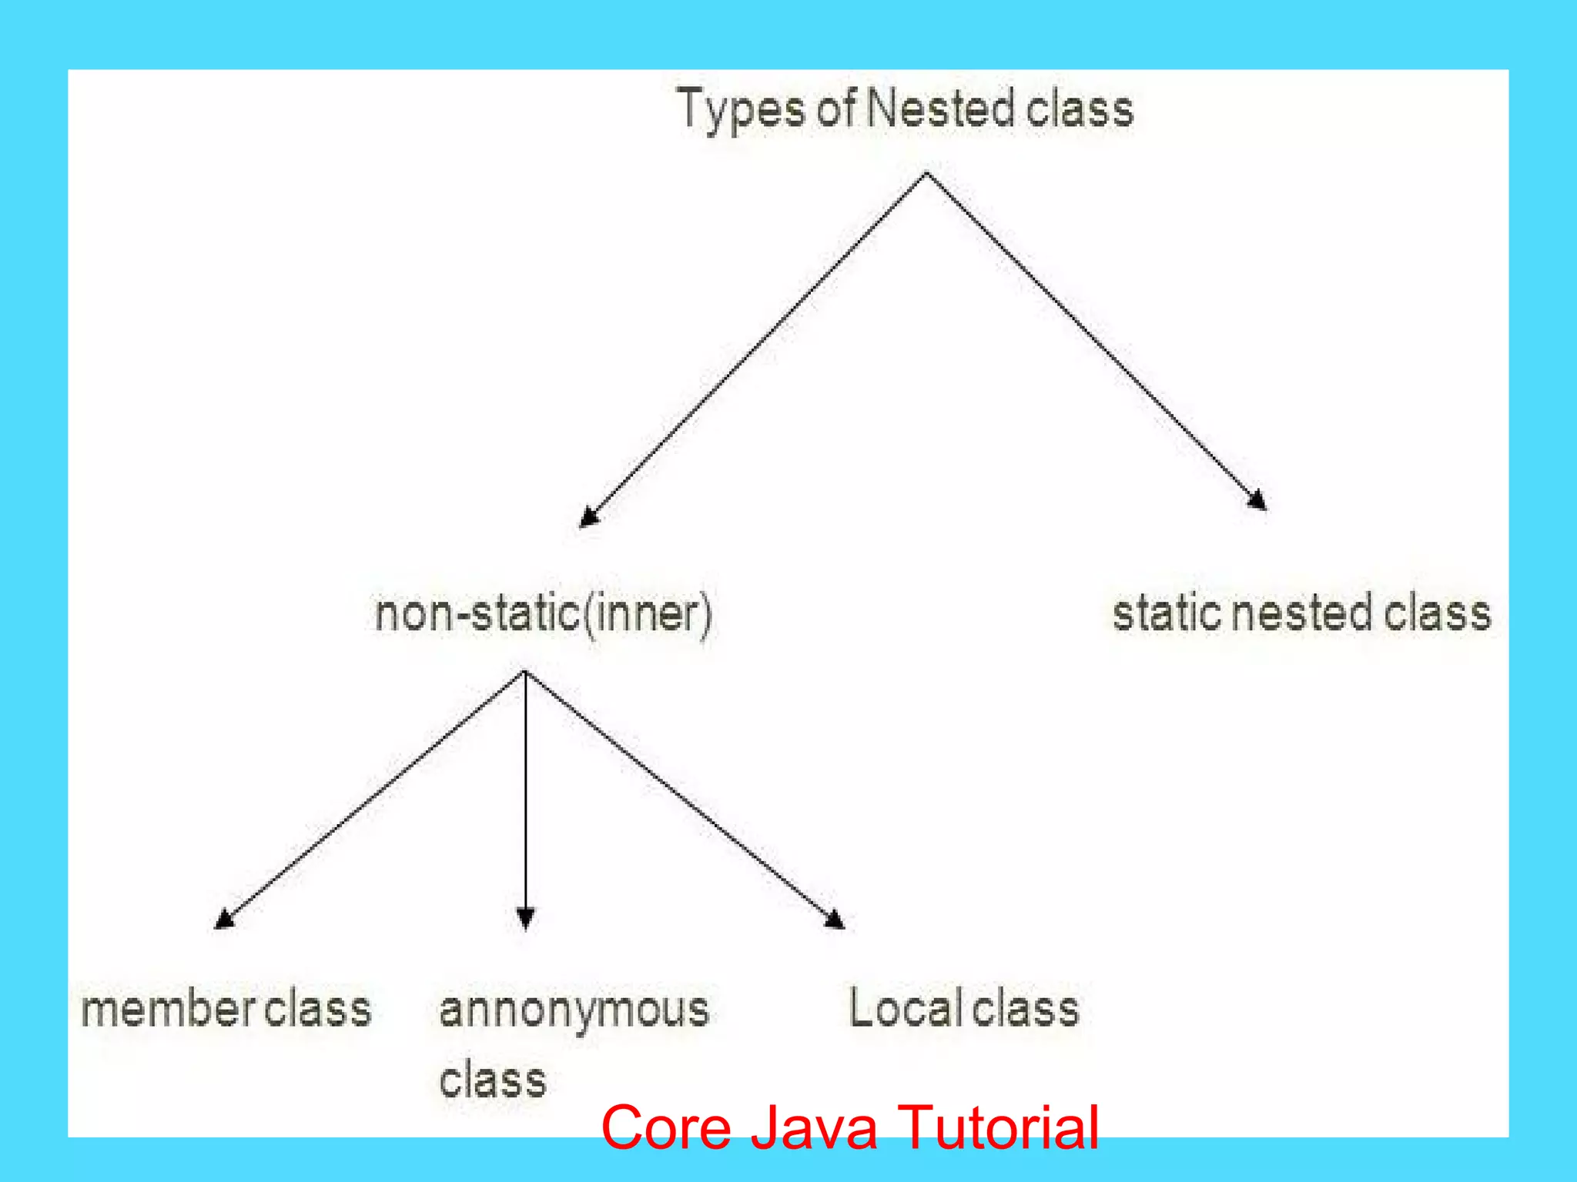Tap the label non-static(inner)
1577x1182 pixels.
pyautogui.click(x=544, y=614)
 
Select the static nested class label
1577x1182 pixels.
pyautogui.click(x=1301, y=614)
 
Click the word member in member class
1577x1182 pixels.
pyautogui.click(x=169, y=1010)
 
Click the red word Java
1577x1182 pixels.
pyautogui.click(x=814, y=1127)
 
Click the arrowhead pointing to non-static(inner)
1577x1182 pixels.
pyautogui.click(x=588, y=517)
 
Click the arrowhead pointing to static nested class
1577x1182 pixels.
pyautogui.click(x=1257, y=500)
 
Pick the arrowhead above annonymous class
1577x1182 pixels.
pyautogui.click(x=525, y=919)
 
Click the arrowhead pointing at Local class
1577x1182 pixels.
pyautogui.click(x=835, y=920)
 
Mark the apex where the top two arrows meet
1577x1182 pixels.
pyautogui.click(x=926, y=174)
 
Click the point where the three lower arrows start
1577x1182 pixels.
pyautogui.click(x=524, y=672)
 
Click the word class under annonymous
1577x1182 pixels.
pyautogui.click(x=493, y=1080)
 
